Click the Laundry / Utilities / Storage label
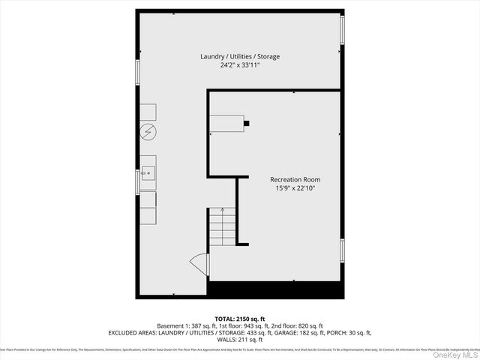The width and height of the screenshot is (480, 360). click(240, 57)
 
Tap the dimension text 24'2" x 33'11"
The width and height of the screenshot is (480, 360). click(240, 65)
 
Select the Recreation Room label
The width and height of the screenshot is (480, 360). click(295, 179)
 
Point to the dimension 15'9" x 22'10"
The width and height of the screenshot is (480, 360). click(295, 187)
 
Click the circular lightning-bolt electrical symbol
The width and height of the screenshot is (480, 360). click(148, 133)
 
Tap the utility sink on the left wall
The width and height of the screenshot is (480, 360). click(148, 172)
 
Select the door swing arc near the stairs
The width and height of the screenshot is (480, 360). click(199, 264)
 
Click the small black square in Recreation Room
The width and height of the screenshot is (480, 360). click(247, 122)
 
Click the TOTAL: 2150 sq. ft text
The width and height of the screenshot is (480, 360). click(240, 319)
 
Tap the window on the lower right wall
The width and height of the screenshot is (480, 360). click(343, 251)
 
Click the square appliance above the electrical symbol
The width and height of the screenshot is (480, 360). click(148, 112)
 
